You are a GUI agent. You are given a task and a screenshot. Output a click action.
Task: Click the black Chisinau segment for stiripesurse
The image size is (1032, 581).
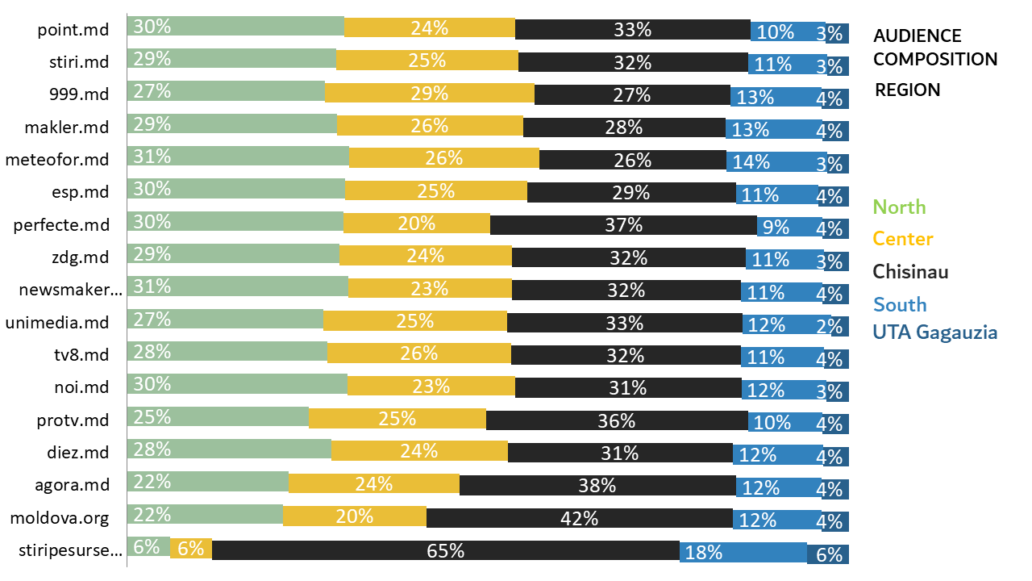click(445, 550)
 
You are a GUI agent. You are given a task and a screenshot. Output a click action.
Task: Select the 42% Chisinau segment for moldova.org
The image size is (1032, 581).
click(579, 518)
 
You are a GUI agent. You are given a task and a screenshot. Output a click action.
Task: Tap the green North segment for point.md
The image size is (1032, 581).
click(235, 26)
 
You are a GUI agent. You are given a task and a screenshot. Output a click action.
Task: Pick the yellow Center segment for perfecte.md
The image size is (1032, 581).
click(416, 224)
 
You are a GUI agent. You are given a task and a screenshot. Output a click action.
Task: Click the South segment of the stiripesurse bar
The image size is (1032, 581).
click(743, 552)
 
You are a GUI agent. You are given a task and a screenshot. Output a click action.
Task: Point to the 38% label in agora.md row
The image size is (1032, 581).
click(597, 485)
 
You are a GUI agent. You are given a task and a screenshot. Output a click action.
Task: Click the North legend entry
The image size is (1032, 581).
click(900, 207)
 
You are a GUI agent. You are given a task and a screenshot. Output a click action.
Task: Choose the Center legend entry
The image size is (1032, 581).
click(903, 239)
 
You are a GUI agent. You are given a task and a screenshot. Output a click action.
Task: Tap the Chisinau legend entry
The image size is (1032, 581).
click(910, 271)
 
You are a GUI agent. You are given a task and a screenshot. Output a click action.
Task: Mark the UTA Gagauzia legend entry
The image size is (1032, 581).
click(935, 332)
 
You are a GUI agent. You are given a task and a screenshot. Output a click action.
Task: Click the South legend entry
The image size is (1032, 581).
click(900, 304)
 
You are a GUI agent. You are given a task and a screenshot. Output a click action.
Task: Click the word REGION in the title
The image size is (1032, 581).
click(908, 90)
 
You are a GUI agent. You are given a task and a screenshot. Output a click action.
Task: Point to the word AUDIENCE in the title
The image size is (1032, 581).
click(918, 36)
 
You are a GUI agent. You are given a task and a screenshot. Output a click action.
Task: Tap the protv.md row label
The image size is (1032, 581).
click(73, 420)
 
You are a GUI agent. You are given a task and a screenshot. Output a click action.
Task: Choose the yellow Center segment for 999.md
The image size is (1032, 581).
click(429, 93)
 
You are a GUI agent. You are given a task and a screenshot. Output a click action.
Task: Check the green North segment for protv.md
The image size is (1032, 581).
click(218, 417)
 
